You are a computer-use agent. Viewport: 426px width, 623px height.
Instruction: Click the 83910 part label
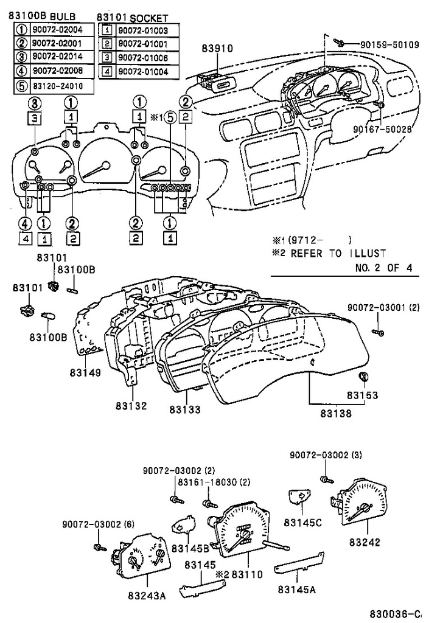(217, 48)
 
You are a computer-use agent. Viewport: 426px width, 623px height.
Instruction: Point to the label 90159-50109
(389, 44)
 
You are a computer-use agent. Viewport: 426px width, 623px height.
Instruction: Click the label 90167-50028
(382, 129)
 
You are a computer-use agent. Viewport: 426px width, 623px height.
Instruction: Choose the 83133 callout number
(185, 410)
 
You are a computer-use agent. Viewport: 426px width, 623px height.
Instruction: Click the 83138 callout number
(335, 414)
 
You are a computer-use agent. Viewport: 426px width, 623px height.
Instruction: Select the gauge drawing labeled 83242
(362, 505)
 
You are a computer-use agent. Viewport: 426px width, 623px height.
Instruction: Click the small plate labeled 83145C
(299, 496)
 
